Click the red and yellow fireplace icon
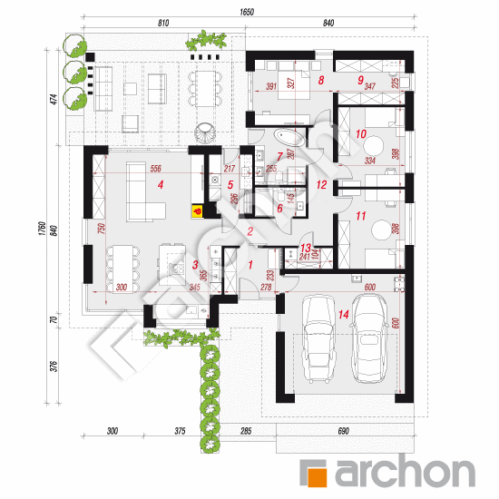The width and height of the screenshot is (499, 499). [x=196, y=211]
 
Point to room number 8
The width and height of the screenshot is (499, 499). [x=321, y=81]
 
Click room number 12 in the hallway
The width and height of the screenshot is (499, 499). [x=321, y=184]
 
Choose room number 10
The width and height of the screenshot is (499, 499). [x=360, y=134]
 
